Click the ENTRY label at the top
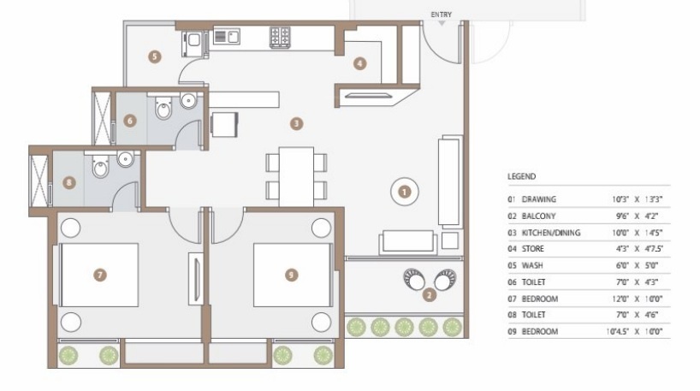[442, 14]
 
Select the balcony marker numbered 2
[428, 296]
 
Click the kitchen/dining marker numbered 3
[296, 124]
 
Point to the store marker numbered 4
[360, 62]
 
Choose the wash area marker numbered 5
[154, 56]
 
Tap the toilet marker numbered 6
[130, 121]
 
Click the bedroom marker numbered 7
[100, 275]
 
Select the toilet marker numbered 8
[69, 181]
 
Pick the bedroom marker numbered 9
[292, 275]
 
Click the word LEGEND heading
[521, 176]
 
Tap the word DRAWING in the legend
[539, 199]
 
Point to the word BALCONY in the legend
[539, 216]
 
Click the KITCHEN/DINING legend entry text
[549, 232]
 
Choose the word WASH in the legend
[532, 265]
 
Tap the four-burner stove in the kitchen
[280, 36]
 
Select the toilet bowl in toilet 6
[163, 110]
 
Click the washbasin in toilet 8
[125, 158]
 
